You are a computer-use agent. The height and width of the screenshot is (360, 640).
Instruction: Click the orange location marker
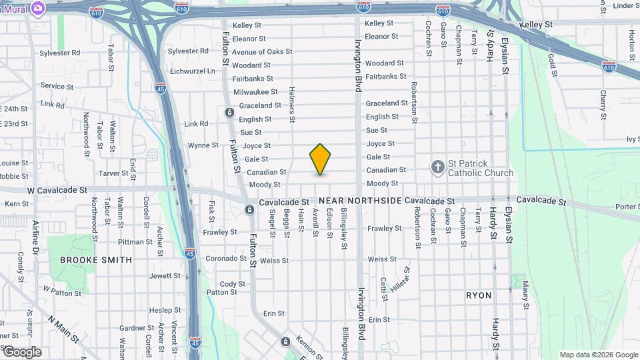pos(320,159)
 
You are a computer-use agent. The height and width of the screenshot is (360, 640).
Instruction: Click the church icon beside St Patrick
pos(438,167)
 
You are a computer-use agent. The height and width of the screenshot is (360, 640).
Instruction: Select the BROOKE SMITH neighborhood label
pos(96,260)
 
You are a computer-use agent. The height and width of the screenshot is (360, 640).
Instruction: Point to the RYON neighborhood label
pos(479,295)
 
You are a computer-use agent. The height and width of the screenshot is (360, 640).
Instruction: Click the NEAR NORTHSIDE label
pos(359,201)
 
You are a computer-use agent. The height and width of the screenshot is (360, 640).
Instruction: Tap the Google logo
pos(21,352)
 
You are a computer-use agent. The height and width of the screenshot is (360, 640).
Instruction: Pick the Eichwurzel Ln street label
pos(193,71)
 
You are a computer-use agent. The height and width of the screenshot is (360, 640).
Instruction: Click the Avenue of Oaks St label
pos(262,51)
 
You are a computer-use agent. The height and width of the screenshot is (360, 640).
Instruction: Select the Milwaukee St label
pos(255,92)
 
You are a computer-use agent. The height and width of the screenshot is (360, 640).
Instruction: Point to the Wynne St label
pos(203,145)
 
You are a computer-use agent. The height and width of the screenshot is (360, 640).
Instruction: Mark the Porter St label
pos(627,207)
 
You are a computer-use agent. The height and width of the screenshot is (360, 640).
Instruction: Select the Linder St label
pos(626,6)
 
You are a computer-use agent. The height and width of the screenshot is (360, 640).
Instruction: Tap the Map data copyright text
pos(598,355)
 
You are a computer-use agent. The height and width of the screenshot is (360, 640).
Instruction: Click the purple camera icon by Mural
pos(38,7)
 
